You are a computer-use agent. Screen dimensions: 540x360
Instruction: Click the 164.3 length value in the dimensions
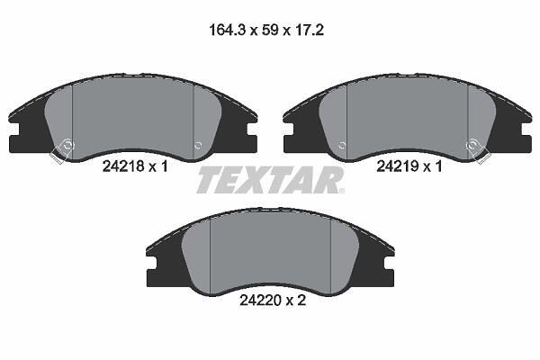click(227, 31)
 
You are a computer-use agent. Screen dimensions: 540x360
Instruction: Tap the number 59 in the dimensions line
click(270, 31)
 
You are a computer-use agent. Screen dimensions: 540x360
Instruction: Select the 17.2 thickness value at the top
click(310, 31)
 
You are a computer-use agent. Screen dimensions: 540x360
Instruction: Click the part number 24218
click(123, 166)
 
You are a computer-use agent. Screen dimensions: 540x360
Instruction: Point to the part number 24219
click(397, 166)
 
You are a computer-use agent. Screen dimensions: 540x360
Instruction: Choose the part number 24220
click(260, 301)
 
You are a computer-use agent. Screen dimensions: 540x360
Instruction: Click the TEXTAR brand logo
click(269, 179)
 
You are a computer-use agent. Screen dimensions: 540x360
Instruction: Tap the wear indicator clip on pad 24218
click(62, 150)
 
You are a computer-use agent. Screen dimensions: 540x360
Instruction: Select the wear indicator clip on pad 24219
click(478, 150)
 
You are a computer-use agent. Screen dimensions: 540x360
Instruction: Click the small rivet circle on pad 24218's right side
click(198, 146)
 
